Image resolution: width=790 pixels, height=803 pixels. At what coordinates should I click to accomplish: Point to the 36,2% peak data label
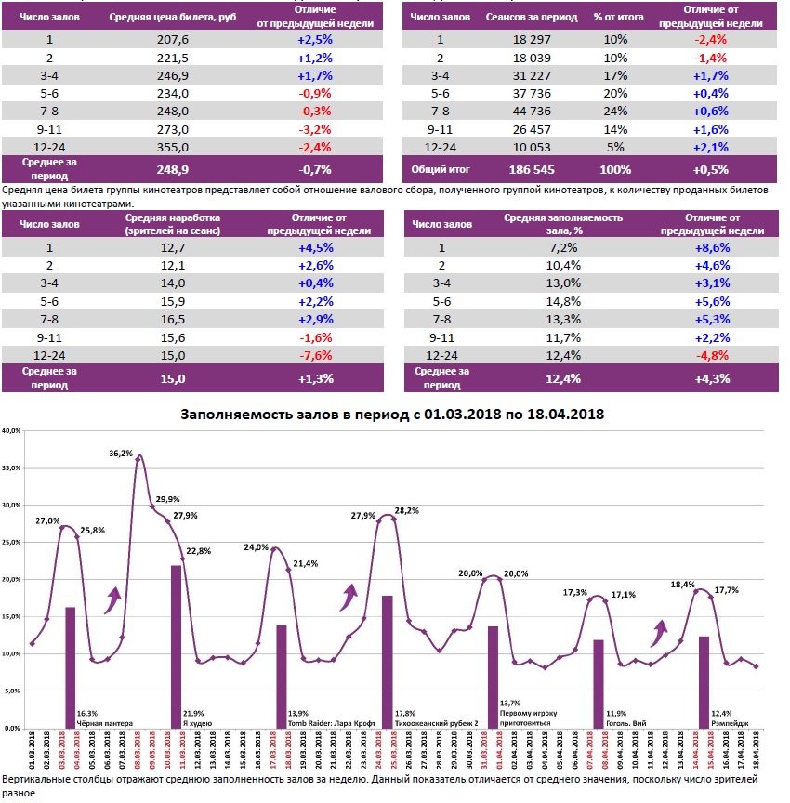pyautogui.click(x=120, y=454)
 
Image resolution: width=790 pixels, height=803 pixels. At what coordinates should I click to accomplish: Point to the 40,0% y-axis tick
pyautogui.click(x=13, y=431)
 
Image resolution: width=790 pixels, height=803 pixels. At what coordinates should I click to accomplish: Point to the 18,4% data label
pyautogui.click(x=682, y=584)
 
